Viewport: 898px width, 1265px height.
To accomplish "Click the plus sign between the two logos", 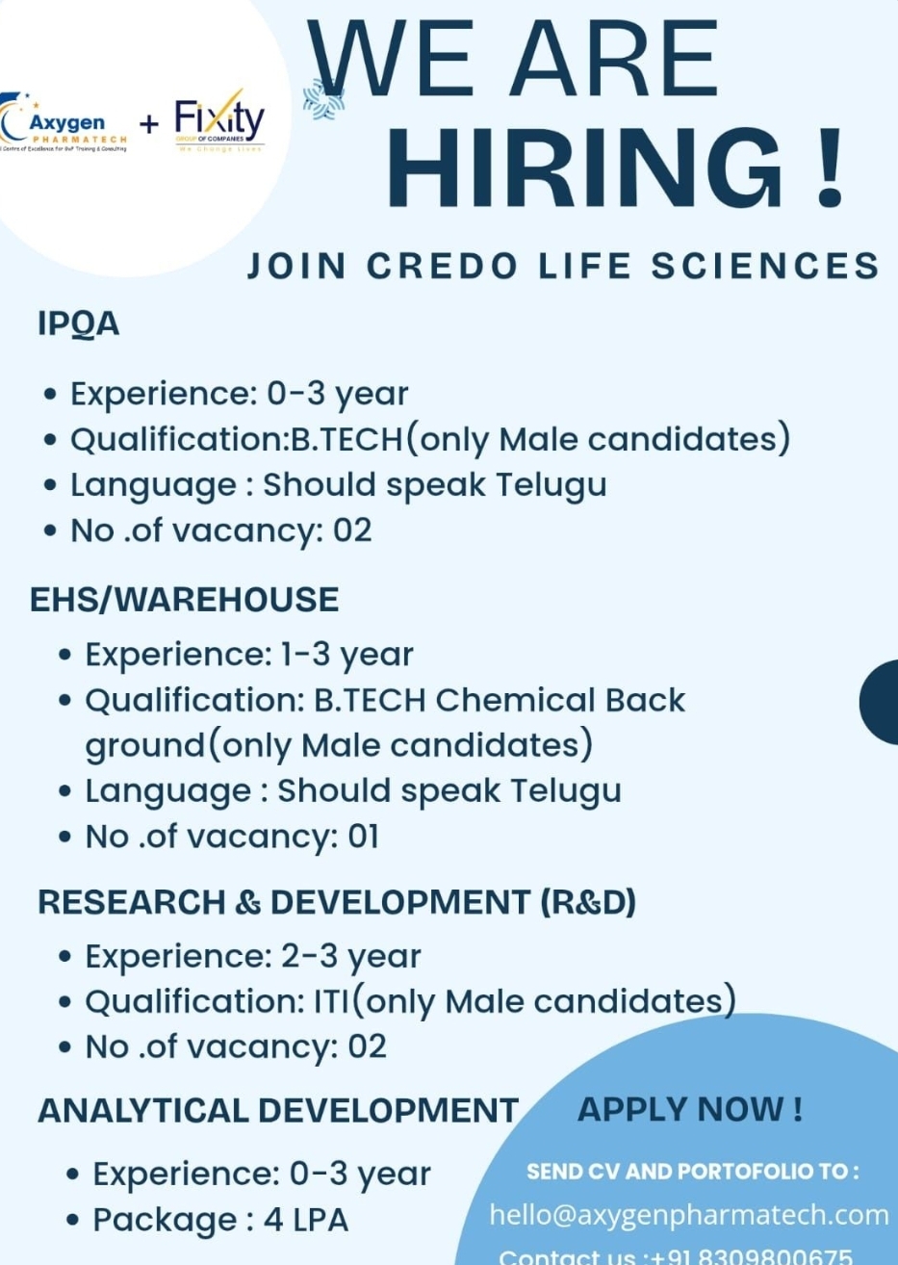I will pyautogui.click(x=149, y=124).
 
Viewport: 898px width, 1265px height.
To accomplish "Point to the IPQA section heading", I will pyautogui.click(x=79, y=324).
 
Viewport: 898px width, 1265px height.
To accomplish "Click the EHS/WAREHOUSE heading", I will pyautogui.click(x=184, y=600).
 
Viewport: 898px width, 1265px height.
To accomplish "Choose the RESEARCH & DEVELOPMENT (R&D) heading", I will pyautogui.click(x=337, y=902).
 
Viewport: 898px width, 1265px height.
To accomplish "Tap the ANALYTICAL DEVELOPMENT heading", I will pyautogui.click(x=278, y=1111).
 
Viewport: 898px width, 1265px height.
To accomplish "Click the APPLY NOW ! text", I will pyautogui.click(x=690, y=1109).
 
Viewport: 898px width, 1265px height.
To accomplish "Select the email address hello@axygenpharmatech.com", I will pyautogui.click(x=689, y=1215).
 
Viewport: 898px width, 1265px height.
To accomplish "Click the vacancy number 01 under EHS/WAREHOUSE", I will pyautogui.click(x=364, y=837).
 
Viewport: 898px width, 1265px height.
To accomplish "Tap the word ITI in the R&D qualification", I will pyautogui.click(x=330, y=1002).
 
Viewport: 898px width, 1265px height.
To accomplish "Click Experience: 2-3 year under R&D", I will pyautogui.click(x=253, y=957).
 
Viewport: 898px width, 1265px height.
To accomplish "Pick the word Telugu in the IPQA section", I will pyautogui.click(x=552, y=484).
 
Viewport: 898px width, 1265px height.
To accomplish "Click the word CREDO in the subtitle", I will pyautogui.click(x=443, y=266).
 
